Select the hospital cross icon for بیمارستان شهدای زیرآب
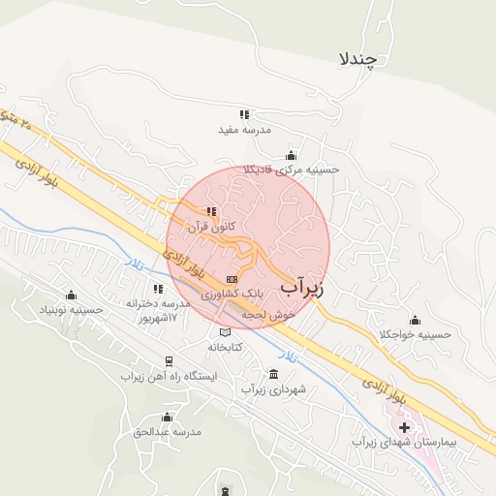click(404, 427)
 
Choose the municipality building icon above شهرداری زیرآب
click(273, 375)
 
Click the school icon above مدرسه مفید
click(245, 114)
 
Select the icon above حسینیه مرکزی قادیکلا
click(291, 155)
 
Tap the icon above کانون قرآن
click(211, 211)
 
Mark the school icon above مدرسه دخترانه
click(158, 289)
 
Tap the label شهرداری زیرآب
click(273, 389)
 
